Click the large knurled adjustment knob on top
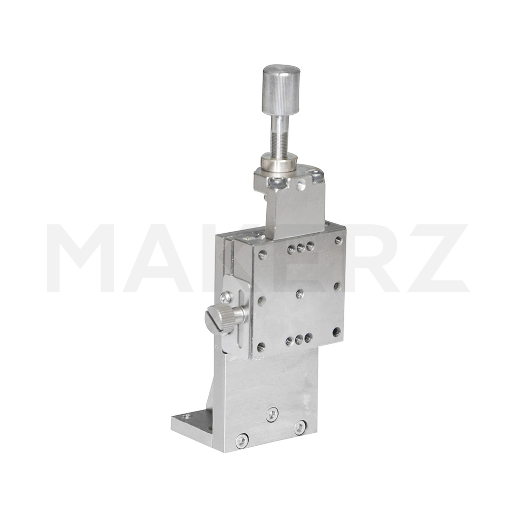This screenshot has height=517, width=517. point(281,89)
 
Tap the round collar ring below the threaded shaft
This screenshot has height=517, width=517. point(279,162)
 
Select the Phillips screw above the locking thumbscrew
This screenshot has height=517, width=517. point(226,297)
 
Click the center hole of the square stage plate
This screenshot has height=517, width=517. point(300,293)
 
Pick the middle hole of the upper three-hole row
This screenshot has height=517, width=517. point(301,248)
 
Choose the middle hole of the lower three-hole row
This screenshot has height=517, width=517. point(299,339)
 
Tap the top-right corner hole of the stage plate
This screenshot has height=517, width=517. point(338,240)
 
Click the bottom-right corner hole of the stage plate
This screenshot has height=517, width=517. point(337,331)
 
